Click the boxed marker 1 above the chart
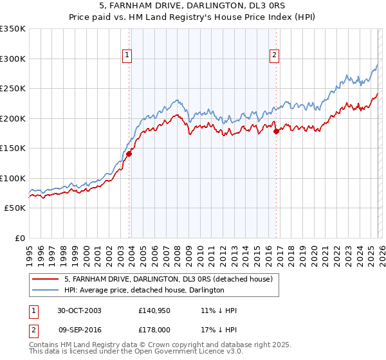[127, 56]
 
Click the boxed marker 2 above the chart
[274, 56]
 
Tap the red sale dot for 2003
[129, 154]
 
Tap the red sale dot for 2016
[276, 131]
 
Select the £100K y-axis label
[13, 178]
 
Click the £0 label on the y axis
[19, 238]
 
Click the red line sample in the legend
[46, 279]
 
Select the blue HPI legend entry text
[144, 290]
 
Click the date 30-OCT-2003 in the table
[79, 310]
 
